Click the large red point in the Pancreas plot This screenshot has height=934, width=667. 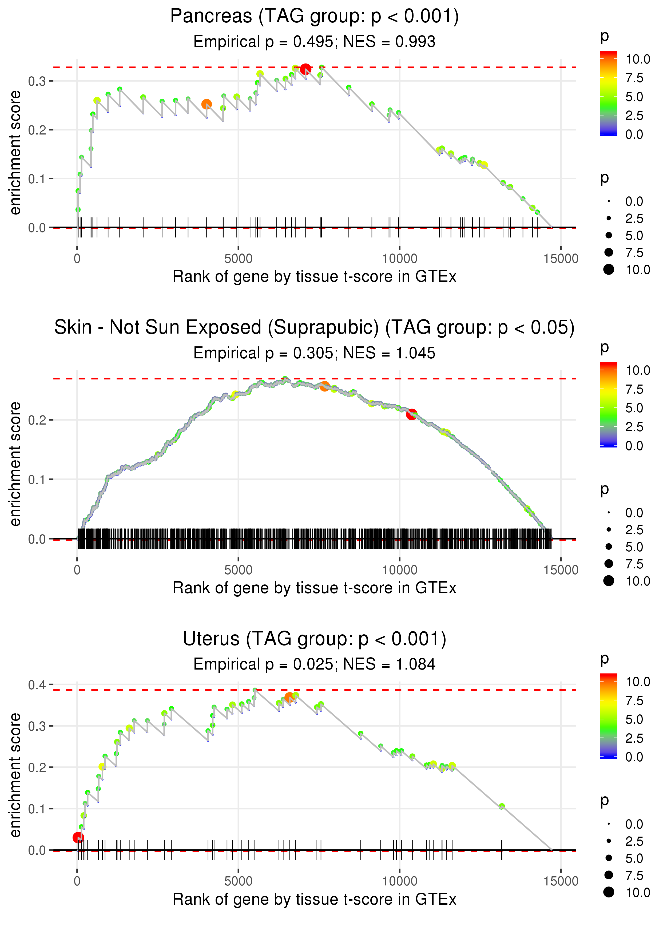click(305, 69)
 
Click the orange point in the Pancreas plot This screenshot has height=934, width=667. click(207, 104)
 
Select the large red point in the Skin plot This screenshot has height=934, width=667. click(411, 414)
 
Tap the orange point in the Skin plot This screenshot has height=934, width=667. click(324, 386)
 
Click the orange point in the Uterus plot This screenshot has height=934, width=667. click(289, 697)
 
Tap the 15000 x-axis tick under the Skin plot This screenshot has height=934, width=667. click(561, 570)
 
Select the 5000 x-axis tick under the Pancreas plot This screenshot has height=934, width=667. click(238, 258)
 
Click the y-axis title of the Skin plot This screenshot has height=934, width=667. click(15, 464)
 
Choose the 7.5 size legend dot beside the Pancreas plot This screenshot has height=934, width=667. click(609, 252)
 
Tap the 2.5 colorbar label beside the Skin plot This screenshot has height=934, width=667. click(634, 427)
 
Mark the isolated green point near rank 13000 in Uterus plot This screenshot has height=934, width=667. click(502, 806)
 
